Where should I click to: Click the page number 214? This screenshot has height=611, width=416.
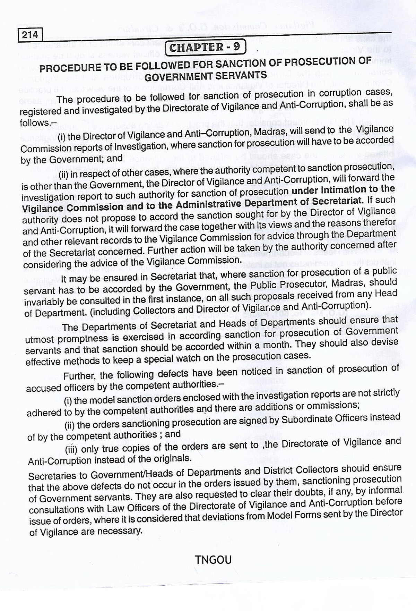point(29,35)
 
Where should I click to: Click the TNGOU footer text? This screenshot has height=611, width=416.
point(213,560)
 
